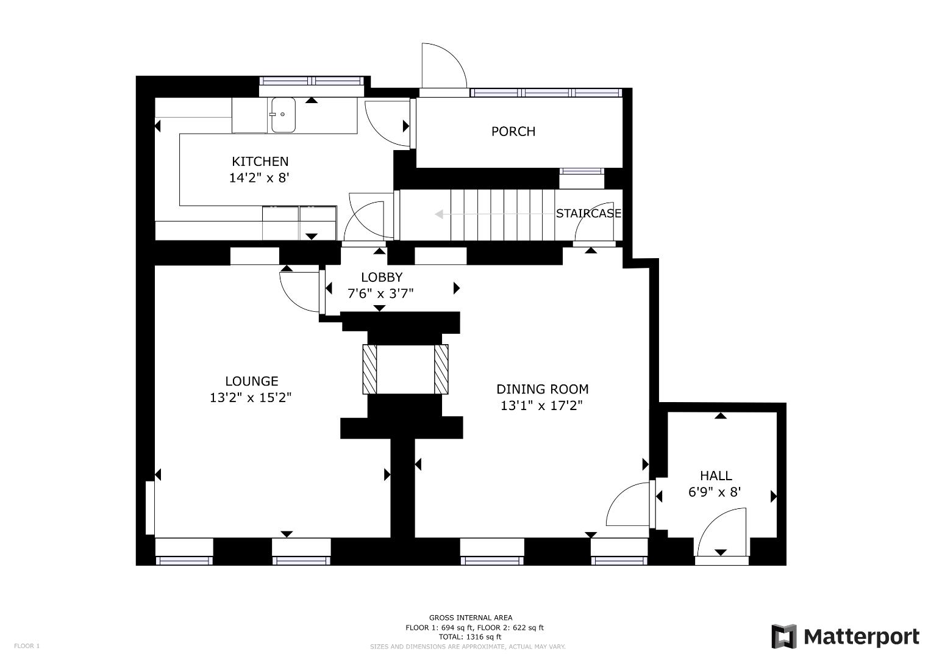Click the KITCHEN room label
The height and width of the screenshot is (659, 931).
tap(260, 162)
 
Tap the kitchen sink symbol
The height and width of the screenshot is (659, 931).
tap(284, 115)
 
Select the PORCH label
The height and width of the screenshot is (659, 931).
tap(513, 131)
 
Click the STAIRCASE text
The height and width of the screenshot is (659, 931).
tap(588, 214)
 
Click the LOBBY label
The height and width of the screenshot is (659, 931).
tap(382, 277)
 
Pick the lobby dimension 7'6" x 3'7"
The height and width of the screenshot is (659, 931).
tap(380, 293)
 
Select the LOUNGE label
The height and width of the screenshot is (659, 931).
tap(251, 381)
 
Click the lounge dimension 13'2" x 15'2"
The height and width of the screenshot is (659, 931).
tap(251, 398)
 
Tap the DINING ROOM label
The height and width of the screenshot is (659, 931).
tap(542, 389)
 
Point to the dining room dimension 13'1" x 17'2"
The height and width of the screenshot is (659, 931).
tap(541, 406)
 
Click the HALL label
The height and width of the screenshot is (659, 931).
tap(716, 476)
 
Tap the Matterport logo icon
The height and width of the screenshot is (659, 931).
tap(784, 636)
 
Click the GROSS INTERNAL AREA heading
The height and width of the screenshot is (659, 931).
tap(471, 618)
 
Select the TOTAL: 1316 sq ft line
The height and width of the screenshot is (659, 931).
tap(470, 637)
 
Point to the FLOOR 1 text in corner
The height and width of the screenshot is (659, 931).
tap(27, 646)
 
